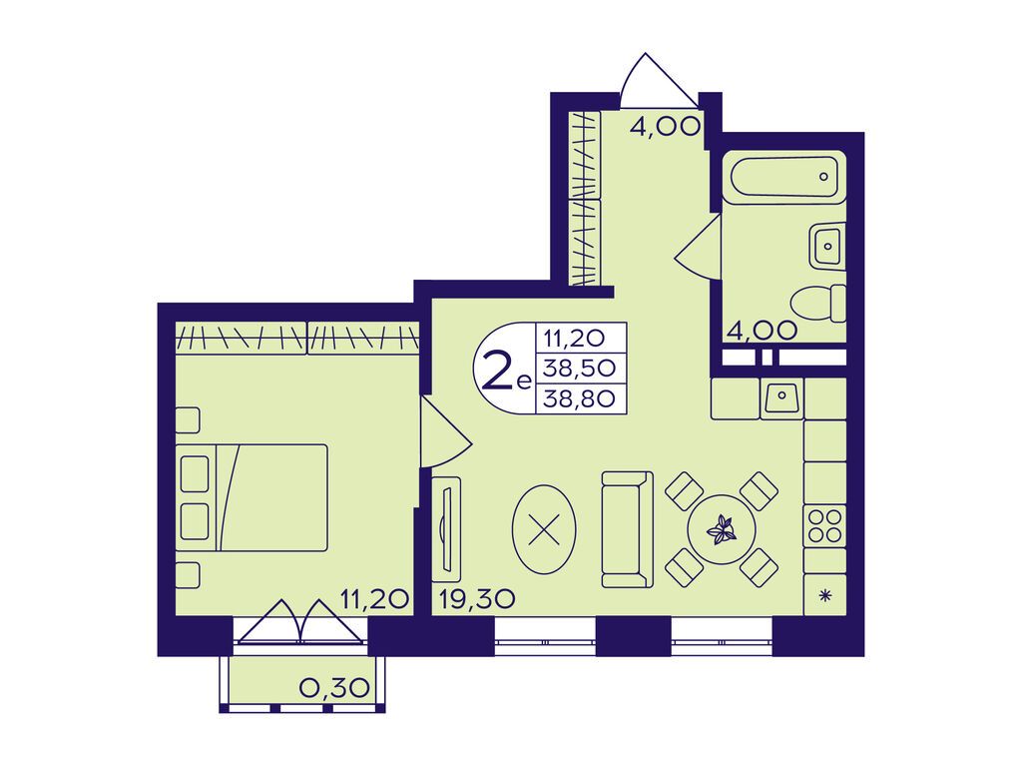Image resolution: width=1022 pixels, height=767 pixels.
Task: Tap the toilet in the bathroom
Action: pyautogui.click(x=818, y=303)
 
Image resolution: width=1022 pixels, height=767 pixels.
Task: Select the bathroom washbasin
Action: pyautogui.click(x=827, y=246)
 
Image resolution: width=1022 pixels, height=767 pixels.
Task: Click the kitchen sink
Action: pyautogui.click(x=781, y=397)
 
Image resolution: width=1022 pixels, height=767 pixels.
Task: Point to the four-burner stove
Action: pyautogui.click(x=824, y=525)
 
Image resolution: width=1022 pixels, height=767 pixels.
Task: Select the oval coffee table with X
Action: pyautogui.click(x=544, y=529)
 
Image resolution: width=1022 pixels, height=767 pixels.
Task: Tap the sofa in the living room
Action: pyautogui.click(x=627, y=529)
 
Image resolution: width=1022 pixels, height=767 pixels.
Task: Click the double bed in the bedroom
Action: pyautogui.click(x=252, y=497)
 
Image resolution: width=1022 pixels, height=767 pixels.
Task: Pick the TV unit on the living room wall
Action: pyautogui.click(x=446, y=529)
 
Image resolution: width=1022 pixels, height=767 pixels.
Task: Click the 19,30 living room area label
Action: pyautogui.click(x=477, y=598)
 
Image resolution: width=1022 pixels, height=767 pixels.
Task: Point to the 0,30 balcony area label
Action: pyautogui.click(x=334, y=687)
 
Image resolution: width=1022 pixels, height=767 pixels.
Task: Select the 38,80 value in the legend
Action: pyautogui.click(x=580, y=397)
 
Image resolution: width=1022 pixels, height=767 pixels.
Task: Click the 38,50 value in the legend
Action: pyautogui.click(x=580, y=368)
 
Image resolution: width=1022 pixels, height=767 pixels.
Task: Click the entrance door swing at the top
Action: pyautogui.click(x=659, y=81)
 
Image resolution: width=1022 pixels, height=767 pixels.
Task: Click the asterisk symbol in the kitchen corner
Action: pyautogui.click(x=825, y=594)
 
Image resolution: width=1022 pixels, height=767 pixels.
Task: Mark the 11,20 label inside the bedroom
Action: pyautogui.click(x=374, y=598)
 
